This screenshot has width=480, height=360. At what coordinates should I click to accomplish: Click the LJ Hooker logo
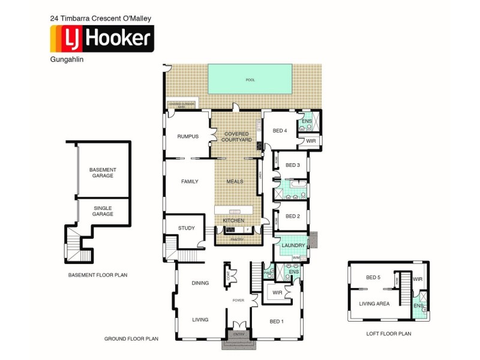click(x=102, y=39)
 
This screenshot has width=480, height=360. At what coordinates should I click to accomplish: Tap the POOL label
click(x=250, y=80)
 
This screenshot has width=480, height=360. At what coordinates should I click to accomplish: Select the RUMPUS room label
click(x=187, y=136)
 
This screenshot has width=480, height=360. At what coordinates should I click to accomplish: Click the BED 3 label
click(x=292, y=165)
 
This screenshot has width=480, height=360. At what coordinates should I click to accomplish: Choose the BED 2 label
click(x=292, y=216)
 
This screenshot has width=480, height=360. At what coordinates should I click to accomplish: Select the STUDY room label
click(x=187, y=228)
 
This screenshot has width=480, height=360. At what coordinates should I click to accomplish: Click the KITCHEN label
click(x=233, y=221)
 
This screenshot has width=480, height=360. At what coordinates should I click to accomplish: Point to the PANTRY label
click(x=238, y=240)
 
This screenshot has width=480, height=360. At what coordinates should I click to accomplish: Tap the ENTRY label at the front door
click(x=239, y=334)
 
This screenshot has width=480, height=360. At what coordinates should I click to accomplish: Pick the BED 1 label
click(x=277, y=322)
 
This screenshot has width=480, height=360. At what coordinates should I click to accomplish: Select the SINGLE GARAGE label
click(x=102, y=211)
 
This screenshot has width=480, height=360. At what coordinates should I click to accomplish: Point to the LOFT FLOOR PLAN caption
click(x=388, y=334)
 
